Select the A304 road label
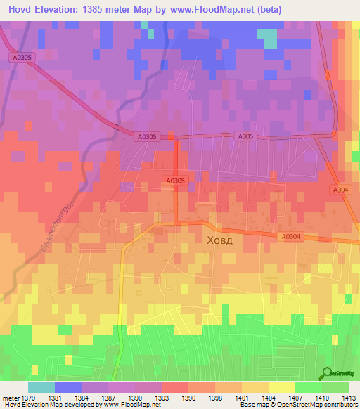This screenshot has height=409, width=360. click(340, 190)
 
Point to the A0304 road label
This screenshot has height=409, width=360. click(289, 237)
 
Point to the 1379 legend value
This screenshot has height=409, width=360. click(29, 398)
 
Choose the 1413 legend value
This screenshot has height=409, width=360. click(348, 398)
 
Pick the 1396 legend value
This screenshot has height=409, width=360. click(188, 398)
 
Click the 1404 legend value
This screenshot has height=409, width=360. click(268, 398)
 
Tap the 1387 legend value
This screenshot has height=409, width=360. click(109, 398)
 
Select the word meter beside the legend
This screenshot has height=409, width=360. click(10, 398)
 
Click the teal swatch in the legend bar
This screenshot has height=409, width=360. click(41, 387)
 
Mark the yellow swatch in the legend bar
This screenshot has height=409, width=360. click(282, 387)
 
